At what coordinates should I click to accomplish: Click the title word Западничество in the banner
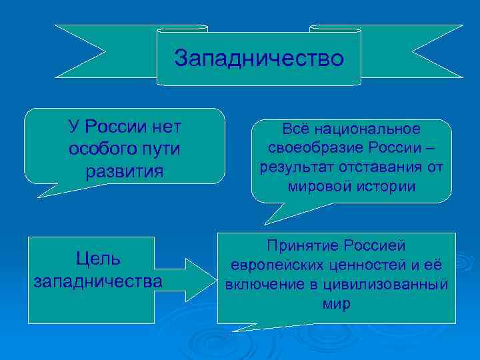tap(259, 59)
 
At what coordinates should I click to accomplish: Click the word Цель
tap(98, 258)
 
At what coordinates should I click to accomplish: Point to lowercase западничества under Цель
tap(98, 281)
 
